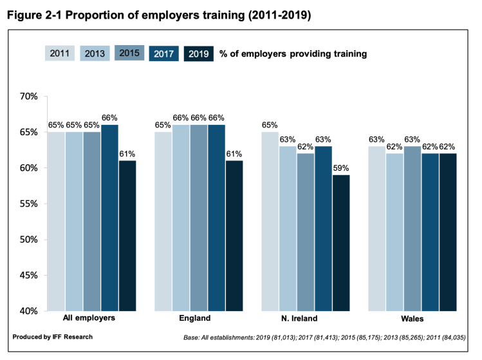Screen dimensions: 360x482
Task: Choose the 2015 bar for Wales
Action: (412, 228)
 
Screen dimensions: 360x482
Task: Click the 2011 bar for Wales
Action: (376, 228)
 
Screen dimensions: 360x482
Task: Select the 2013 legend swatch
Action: (95, 53)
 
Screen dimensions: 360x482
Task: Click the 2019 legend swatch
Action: (199, 54)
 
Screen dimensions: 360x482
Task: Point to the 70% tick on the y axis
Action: (30, 97)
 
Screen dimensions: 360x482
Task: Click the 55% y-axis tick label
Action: (30, 204)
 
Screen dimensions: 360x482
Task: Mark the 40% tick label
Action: (30, 311)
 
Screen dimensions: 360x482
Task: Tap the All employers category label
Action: (89, 319)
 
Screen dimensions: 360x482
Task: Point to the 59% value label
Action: (342, 169)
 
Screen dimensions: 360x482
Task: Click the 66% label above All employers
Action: (109, 118)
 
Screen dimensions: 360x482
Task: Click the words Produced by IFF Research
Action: (52, 337)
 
